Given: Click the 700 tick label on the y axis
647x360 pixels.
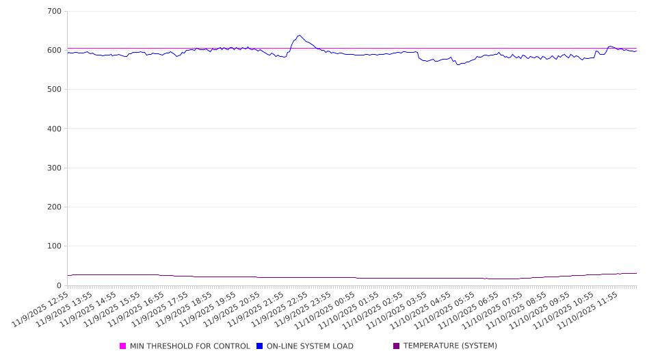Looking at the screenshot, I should (54, 12).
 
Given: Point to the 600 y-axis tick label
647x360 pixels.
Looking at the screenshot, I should (54, 51).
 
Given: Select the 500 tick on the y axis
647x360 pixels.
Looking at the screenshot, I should (54, 90).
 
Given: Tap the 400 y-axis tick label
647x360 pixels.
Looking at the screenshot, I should (54, 129).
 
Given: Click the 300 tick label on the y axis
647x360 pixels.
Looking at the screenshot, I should (54, 168).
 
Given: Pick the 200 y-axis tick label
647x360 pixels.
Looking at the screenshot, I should (54, 207).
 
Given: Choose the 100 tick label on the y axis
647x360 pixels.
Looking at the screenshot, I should (54, 246).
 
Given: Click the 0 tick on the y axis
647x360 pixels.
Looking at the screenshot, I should (59, 285).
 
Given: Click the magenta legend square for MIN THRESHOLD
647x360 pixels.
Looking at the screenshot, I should (123, 346).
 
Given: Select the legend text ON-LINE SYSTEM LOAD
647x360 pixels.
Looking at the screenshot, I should (310, 346).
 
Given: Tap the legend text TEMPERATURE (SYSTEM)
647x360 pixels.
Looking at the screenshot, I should (450, 346).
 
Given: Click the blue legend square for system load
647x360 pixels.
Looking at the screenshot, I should (260, 346).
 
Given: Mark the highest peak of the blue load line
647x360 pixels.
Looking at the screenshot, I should (300, 36).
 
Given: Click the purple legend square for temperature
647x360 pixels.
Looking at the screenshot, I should (397, 346).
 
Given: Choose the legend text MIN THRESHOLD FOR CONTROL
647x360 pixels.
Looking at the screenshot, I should (190, 346).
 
